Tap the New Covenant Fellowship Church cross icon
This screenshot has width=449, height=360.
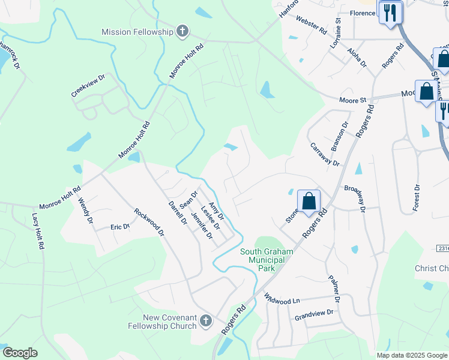click(x=205, y=321)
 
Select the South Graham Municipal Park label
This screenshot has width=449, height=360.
click(x=266, y=260)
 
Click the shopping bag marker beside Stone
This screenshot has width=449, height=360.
click(x=309, y=202)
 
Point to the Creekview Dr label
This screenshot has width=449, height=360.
click(x=88, y=86)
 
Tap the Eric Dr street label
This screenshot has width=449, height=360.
click(x=120, y=227)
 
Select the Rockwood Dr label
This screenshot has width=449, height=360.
click(x=149, y=222)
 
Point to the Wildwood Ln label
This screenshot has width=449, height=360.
click(x=282, y=298)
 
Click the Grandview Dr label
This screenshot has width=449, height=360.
click(x=313, y=313)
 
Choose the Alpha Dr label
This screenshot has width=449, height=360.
click(x=357, y=59)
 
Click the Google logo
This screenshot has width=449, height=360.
click(x=20, y=353)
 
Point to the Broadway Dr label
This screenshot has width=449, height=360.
click(x=355, y=197)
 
